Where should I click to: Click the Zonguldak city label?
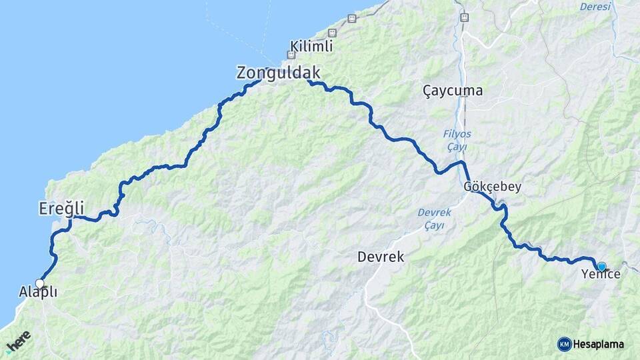pos(278,73)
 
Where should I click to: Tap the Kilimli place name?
pos(311,47)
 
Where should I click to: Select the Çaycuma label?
pos(453,91)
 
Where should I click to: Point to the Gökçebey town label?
pos(492,187)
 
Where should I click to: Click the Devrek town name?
pos(381,257)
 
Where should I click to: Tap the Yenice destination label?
pos(601,275)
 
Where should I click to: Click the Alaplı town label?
pos(37,293)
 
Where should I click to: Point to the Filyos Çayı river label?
pos(457,140)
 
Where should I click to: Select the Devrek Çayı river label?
pos(435,219)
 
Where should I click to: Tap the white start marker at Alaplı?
pos(40,284)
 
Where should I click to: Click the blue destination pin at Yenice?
pos(602,267)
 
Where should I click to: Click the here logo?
pos(19,340)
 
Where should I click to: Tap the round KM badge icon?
pos(564,344)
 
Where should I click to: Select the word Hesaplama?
pos(598,344)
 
